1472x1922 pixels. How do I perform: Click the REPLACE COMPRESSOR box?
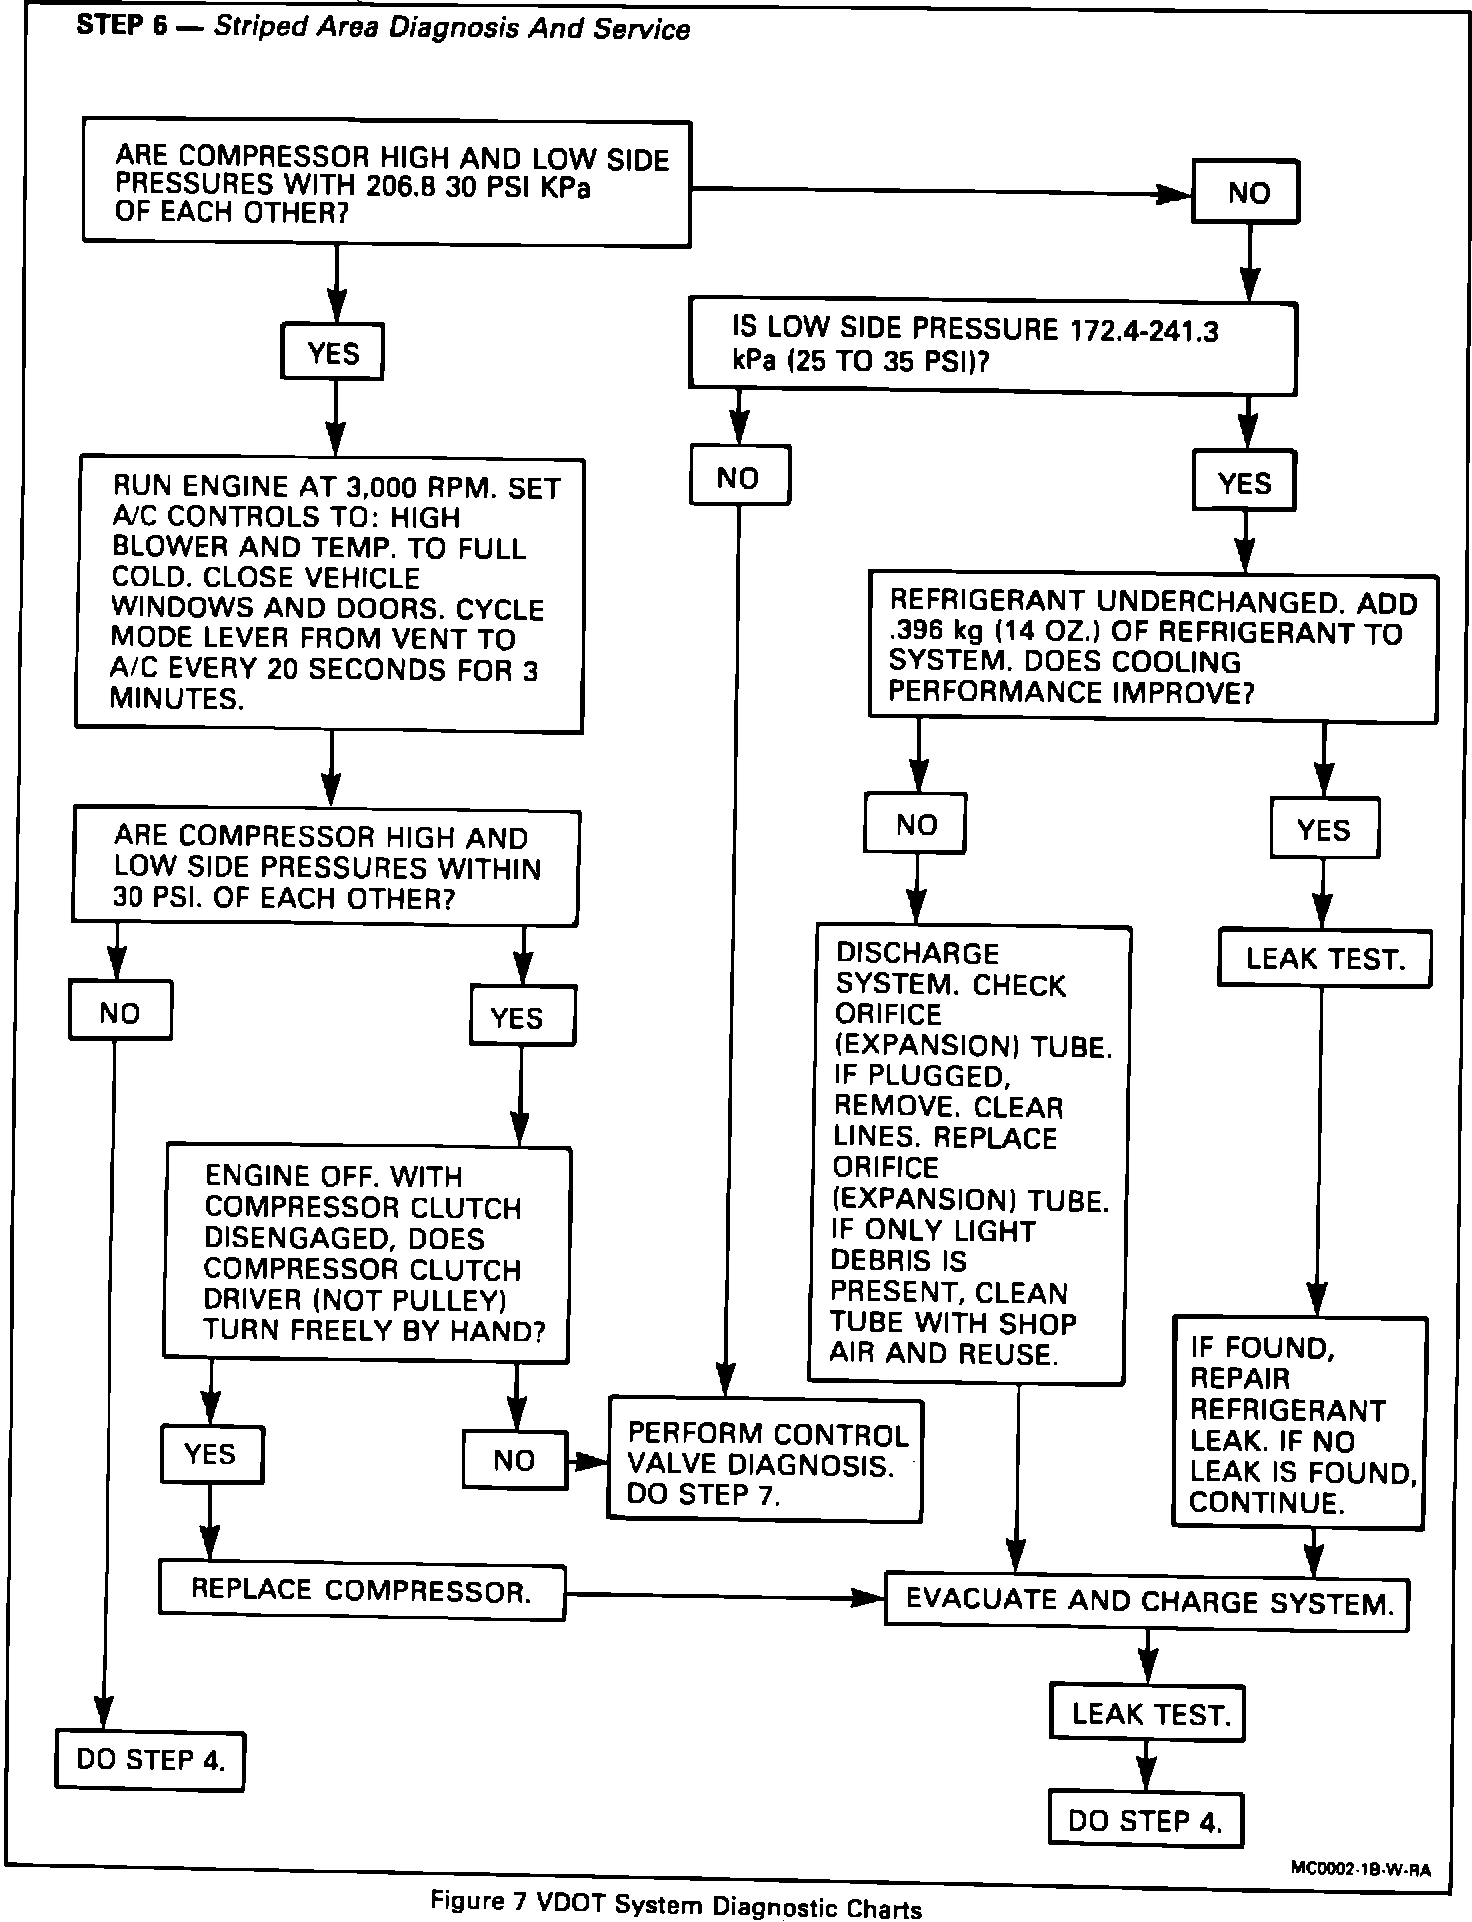coord(361,1591)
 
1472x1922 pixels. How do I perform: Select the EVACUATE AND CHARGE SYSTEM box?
coord(1148,1601)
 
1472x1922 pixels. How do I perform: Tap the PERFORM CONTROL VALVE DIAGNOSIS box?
coord(765,1463)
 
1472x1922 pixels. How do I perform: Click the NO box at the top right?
coord(1246,192)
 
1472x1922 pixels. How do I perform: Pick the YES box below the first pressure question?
coord(333,352)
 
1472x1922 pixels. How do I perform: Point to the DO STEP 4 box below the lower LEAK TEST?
coord(1145,1821)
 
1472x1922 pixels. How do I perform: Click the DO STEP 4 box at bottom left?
coord(150,1760)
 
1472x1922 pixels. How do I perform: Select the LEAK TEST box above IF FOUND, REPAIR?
coord(1324,959)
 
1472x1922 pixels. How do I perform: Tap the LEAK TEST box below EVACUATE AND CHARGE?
coord(1148,1714)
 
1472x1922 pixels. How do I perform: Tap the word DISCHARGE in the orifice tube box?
coord(917,954)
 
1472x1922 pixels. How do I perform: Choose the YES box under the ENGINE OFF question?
coord(211,1454)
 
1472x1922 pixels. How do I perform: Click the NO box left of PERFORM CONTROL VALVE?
coord(514,1460)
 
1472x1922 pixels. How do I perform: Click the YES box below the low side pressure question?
coord(1244,483)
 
